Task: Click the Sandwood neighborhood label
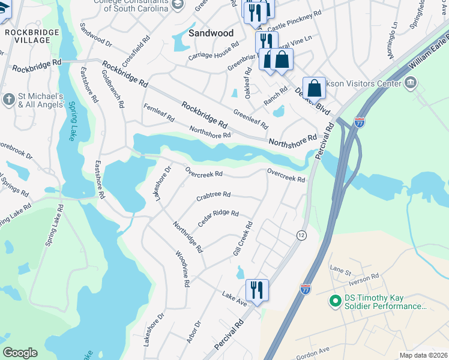pyautogui.click(x=211, y=34)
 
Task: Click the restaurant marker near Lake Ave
pyautogui.click(x=257, y=290)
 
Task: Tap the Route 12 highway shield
pyautogui.click(x=301, y=236)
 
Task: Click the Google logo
pyautogui.click(x=20, y=353)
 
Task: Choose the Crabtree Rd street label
pyautogui.click(x=213, y=195)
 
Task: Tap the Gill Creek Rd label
pyautogui.click(x=243, y=241)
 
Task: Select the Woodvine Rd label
pyautogui.click(x=182, y=269)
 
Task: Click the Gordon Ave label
pyautogui.click(x=315, y=350)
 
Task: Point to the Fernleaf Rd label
pyautogui.click(x=158, y=113)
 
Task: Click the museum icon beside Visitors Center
pyautogui.click(x=411, y=83)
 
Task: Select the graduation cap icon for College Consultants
pyautogui.click(x=177, y=4)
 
